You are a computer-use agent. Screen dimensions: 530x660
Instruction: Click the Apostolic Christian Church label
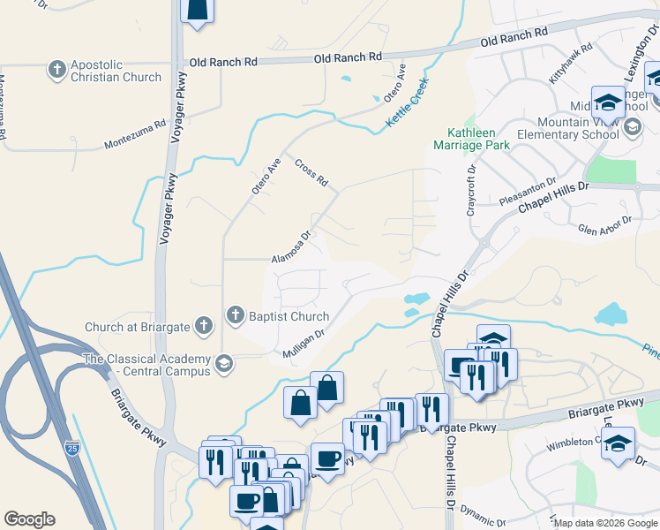[x=116, y=71]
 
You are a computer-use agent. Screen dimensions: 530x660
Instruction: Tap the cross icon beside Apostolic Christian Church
[x=57, y=69]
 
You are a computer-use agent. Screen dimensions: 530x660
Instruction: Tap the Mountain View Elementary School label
[x=578, y=128]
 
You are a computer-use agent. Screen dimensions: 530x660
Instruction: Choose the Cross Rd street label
[x=311, y=173]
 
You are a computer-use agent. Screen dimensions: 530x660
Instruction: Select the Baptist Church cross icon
[x=235, y=314]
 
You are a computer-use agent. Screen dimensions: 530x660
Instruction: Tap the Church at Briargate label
[x=137, y=327]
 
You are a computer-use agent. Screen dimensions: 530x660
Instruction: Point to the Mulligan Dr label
[x=304, y=344]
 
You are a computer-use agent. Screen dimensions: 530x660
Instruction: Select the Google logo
[x=29, y=519]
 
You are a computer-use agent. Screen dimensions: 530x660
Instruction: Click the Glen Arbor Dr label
[x=605, y=225]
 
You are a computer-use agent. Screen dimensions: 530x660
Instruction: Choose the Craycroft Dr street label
[x=470, y=189]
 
